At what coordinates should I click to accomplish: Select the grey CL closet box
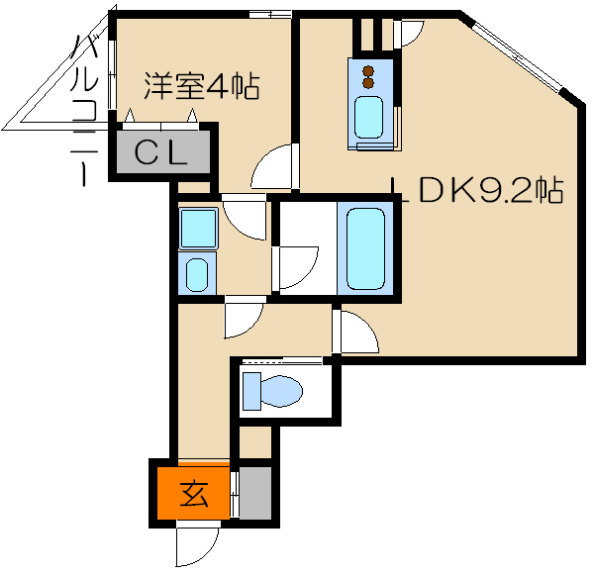point(164,153)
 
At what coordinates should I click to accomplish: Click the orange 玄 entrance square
point(194,492)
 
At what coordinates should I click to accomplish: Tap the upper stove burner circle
point(368,71)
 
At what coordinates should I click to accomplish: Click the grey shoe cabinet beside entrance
point(256,492)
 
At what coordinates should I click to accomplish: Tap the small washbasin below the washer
point(197,272)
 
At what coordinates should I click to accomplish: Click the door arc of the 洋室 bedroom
point(274,167)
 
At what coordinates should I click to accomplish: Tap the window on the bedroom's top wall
point(268,13)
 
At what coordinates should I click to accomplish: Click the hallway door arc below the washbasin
point(242,316)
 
